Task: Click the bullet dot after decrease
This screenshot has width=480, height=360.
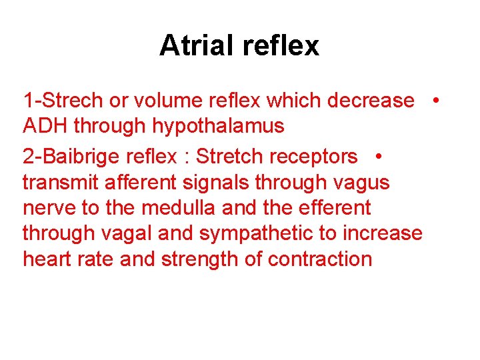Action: (435, 101)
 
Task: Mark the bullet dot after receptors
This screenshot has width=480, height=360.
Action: (377, 157)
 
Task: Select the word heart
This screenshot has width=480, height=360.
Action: (47, 259)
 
